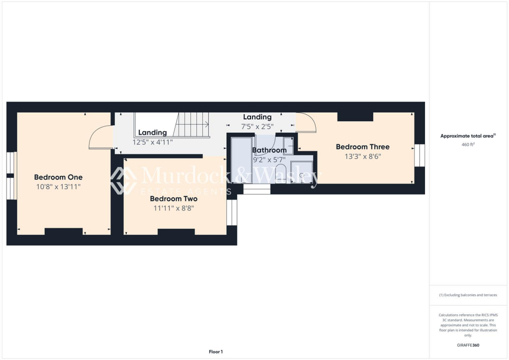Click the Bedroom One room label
[x=58, y=177]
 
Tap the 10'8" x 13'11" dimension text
[x=58, y=187]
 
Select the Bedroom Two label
[x=173, y=198]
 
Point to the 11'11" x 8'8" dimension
[x=173, y=208]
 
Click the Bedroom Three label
[x=362, y=147]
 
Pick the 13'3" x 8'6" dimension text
[x=362, y=156]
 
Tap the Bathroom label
[x=269, y=150]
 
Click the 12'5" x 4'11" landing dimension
[x=153, y=142]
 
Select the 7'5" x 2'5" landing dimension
[x=257, y=126]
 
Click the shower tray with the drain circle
[x=302, y=172]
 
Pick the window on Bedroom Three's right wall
[x=420, y=155]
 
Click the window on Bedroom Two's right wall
[x=232, y=212]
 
